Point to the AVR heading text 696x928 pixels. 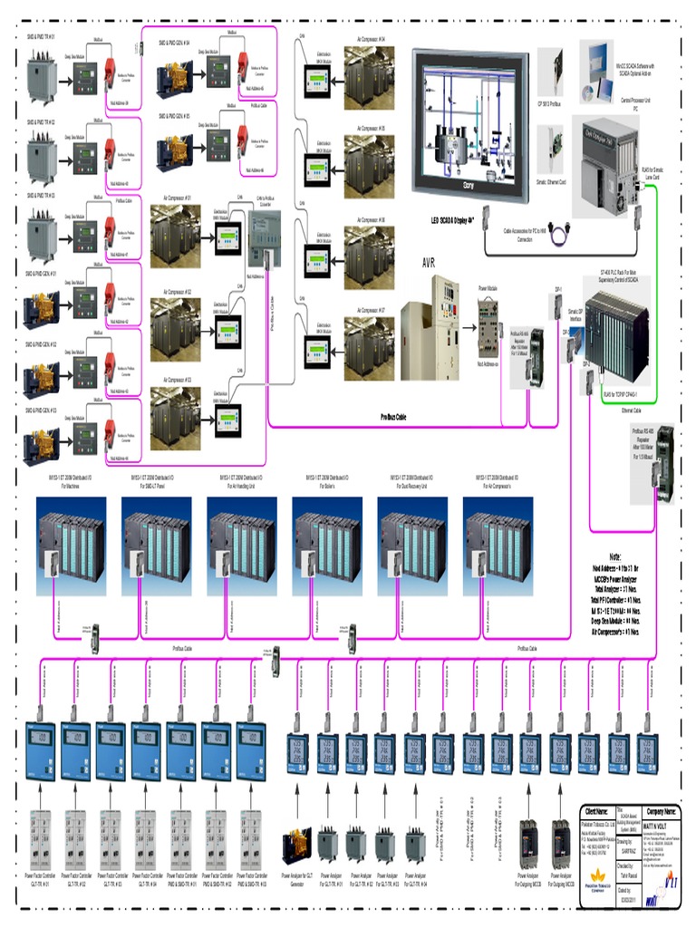coord(429,263)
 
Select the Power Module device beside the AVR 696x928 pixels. coord(490,326)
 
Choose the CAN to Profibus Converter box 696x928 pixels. coord(263,237)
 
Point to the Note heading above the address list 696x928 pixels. coord(615,556)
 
